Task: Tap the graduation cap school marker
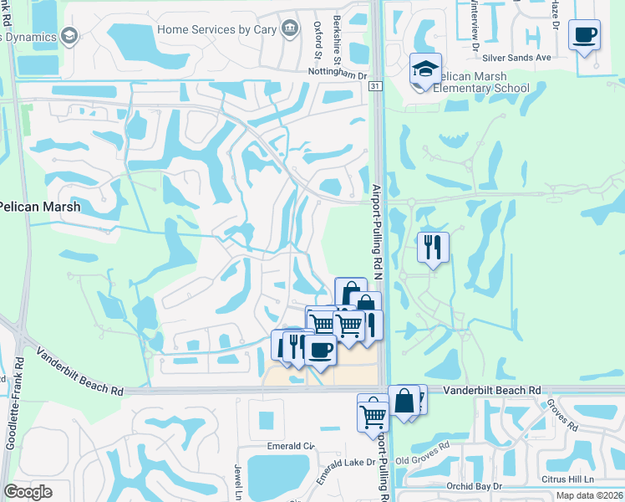coord(425,70)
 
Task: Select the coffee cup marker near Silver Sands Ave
coord(584,35)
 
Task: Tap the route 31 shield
coord(375,86)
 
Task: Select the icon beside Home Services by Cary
coord(289,28)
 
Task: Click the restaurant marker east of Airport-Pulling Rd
coord(433,247)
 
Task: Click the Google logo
coord(28,491)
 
